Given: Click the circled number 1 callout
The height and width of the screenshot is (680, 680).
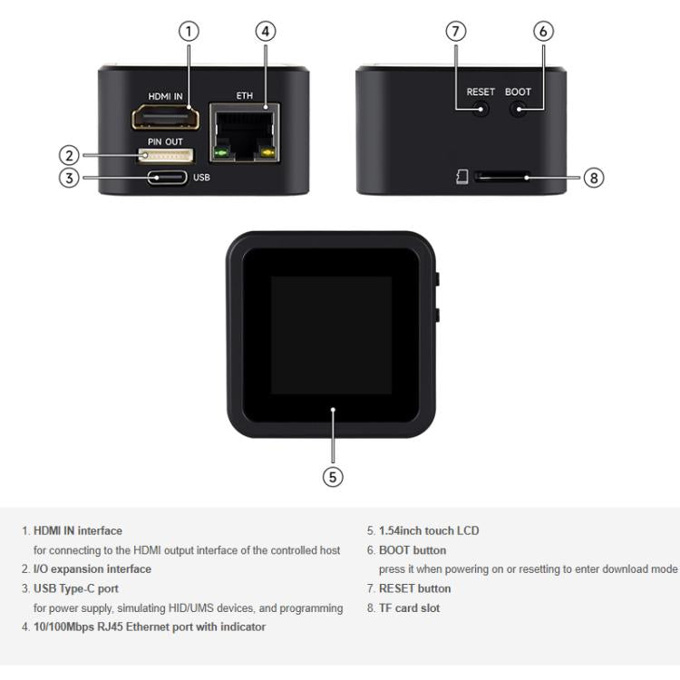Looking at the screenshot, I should (189, 31).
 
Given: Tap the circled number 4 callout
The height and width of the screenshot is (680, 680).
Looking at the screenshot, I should (264, 31).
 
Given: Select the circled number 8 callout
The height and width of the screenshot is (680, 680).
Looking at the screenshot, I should (594, 178).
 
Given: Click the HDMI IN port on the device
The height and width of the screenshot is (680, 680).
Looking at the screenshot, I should (165, 119).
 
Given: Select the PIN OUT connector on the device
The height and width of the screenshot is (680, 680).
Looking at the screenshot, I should (165, 156).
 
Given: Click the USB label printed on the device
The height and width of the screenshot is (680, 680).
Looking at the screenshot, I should (201, 177).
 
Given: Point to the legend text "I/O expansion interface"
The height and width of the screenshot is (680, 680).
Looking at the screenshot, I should (92, 569).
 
